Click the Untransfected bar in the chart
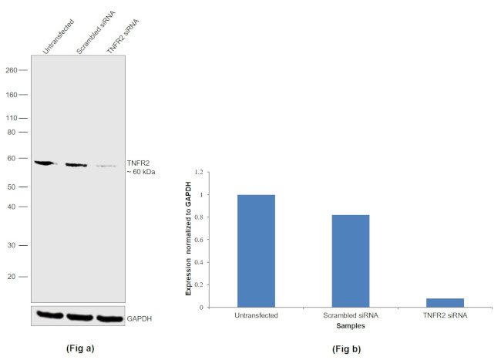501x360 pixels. tap(256, 251)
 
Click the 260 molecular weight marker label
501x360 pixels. tap(12, 69)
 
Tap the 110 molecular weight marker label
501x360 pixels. tap(12, 118)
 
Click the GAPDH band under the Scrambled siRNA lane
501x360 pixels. tap(77, 316)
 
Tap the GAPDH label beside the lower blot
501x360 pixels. tap(140, 317)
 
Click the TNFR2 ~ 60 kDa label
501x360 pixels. tap(140, 167)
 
